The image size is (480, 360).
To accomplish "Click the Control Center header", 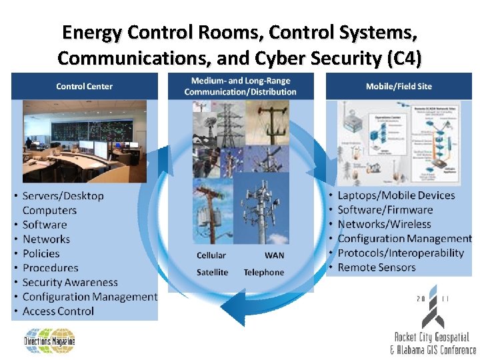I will point(84,86).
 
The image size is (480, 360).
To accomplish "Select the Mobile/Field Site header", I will point(399,86).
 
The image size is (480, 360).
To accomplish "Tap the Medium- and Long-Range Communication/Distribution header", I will point(240,86).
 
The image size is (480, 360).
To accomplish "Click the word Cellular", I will point(211,255).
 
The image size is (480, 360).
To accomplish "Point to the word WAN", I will point(274,255).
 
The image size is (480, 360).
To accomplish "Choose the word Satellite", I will point(212,272).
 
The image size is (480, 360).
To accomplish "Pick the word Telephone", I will point(263,272).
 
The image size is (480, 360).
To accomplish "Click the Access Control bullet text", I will point(58,311).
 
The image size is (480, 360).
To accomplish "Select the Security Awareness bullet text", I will point(70,283).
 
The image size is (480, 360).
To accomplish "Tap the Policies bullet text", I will point(41,253).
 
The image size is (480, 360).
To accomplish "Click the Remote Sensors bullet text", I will point(377,267).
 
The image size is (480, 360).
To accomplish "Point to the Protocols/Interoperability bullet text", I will point(401,253).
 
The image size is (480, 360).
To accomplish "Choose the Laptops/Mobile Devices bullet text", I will point(396,195).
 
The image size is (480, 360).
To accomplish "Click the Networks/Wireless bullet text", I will point(385,224).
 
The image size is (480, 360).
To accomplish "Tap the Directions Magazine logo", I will point(50,341).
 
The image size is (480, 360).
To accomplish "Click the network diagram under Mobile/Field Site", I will point(399,141).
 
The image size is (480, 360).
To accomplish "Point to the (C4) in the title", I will point(403,59).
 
